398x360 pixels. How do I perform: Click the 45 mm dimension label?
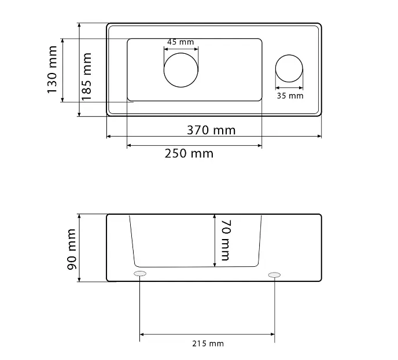(x=180, y=42)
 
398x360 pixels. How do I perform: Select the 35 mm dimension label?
(x=290, y=95)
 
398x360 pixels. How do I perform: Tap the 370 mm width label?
(x=211, y=130)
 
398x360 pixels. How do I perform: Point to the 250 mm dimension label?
(x=189, y=153)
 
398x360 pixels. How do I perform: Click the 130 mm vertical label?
(x=52, y=70)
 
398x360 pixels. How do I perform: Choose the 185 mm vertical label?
(x=86, y=76)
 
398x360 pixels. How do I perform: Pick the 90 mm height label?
(x=72, y=249)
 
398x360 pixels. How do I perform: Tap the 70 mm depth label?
(x=226, y=240)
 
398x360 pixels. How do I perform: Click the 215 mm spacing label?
(x=208, y=343)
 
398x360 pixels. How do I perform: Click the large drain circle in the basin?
(x=181, y=53)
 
